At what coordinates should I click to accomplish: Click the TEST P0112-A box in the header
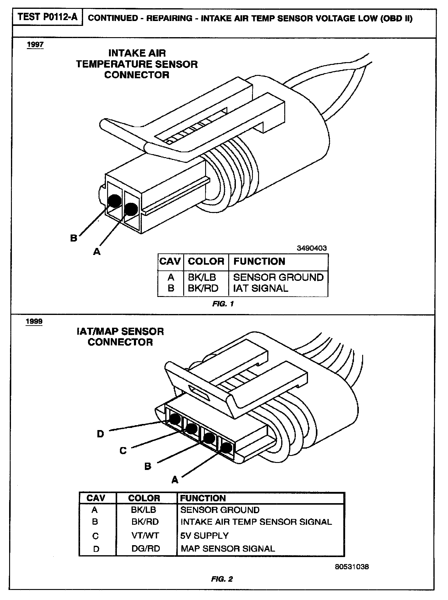click(x=47, y=17)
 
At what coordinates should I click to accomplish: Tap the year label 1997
click(x=35, y=45)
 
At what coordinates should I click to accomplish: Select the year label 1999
click(x=34, y=321)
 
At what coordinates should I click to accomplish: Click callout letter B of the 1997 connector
click(x=74, y=238)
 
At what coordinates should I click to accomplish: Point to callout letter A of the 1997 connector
click(x=97, y=252)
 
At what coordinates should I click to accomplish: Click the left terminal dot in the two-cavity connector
click(x=115, y=200)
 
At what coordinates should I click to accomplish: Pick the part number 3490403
click(x=312, y=248)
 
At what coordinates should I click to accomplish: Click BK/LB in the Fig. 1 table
click(x=202, y=277)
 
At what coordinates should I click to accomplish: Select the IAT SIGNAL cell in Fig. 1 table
click(x=261, y=288)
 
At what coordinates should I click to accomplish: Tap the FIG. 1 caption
click(x=223, y=304)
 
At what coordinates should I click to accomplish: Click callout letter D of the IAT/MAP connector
click(x=100, y=434)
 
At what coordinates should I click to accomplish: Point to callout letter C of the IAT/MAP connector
click(x=123, y=450)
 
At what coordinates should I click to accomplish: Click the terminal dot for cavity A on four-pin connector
click(x=226, y=448)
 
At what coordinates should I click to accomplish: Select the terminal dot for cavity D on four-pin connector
click(x=174, y=419)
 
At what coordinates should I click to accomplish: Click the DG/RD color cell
click(x=145, y=549)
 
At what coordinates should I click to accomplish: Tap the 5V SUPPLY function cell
click(x=204, y=535)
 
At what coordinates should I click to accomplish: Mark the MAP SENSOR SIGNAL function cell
click(x=228, y=549)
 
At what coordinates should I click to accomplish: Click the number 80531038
click(x=352, y=567)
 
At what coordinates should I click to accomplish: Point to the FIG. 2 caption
click(x=222, y=579)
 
